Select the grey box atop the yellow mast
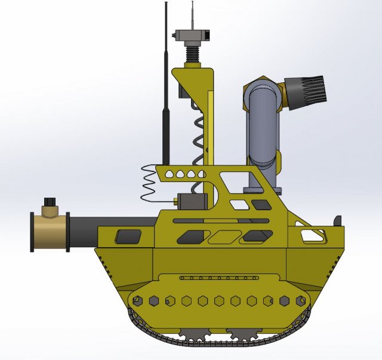point(192,35)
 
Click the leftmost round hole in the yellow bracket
point(169,174)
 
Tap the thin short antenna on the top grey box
point(192,15)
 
